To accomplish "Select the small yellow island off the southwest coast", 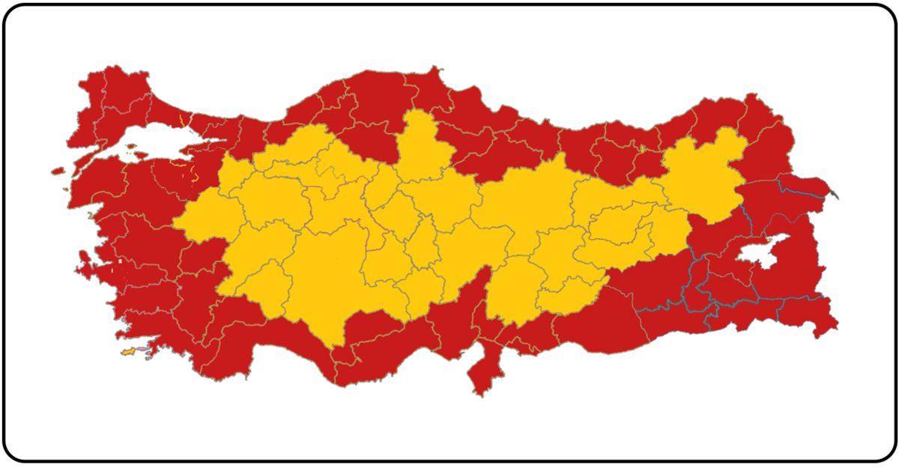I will (129, 351).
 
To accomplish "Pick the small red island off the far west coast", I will (58, 171).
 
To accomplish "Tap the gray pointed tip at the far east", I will (835, 196).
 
